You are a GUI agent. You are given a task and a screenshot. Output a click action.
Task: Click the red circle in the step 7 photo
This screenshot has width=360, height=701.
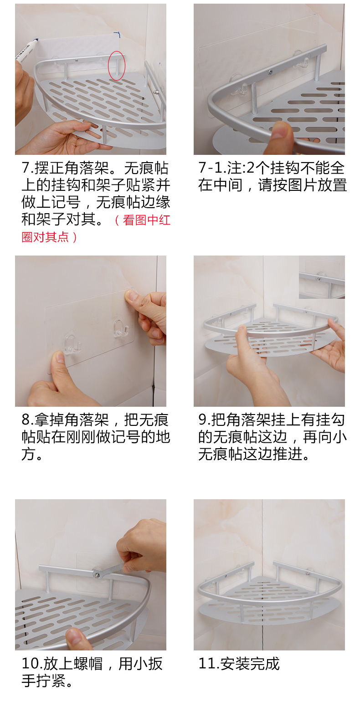pyautogui.click(x=108, y=66)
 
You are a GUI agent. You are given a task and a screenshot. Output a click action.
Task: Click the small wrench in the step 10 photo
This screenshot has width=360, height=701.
pyautogui.click(x=110, y=570)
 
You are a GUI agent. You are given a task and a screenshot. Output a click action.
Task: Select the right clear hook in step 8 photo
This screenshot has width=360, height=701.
pyautogui.click(x=121, y=327)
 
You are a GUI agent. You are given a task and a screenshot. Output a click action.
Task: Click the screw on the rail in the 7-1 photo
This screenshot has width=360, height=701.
pyautogui.click(x=269, y=72)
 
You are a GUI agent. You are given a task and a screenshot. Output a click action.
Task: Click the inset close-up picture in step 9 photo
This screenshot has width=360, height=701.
pyautogui.click(x=322, y=277)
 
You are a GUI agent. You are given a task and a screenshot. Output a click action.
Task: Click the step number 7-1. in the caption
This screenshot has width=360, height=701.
pyautogui.click(x=212, y=168)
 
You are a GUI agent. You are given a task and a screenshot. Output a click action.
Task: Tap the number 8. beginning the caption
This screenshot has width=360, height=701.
pyautogui.click(x=27, y=420)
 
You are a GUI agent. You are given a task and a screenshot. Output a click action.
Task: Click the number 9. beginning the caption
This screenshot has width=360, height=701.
pyautogui.click(x=205, y=420)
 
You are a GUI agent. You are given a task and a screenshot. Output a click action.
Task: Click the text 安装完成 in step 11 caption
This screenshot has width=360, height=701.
pyautogui.click(x=250, y=664)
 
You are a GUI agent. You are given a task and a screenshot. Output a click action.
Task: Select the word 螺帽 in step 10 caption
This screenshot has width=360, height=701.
pyautogui.click(x=88, y=664)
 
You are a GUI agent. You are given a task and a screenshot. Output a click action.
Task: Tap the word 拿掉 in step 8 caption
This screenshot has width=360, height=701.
pyautogui.click(x=49, y=420)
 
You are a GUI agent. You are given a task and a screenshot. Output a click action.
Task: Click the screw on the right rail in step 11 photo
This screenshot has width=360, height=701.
pyautogui.click(x=308, y=573)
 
